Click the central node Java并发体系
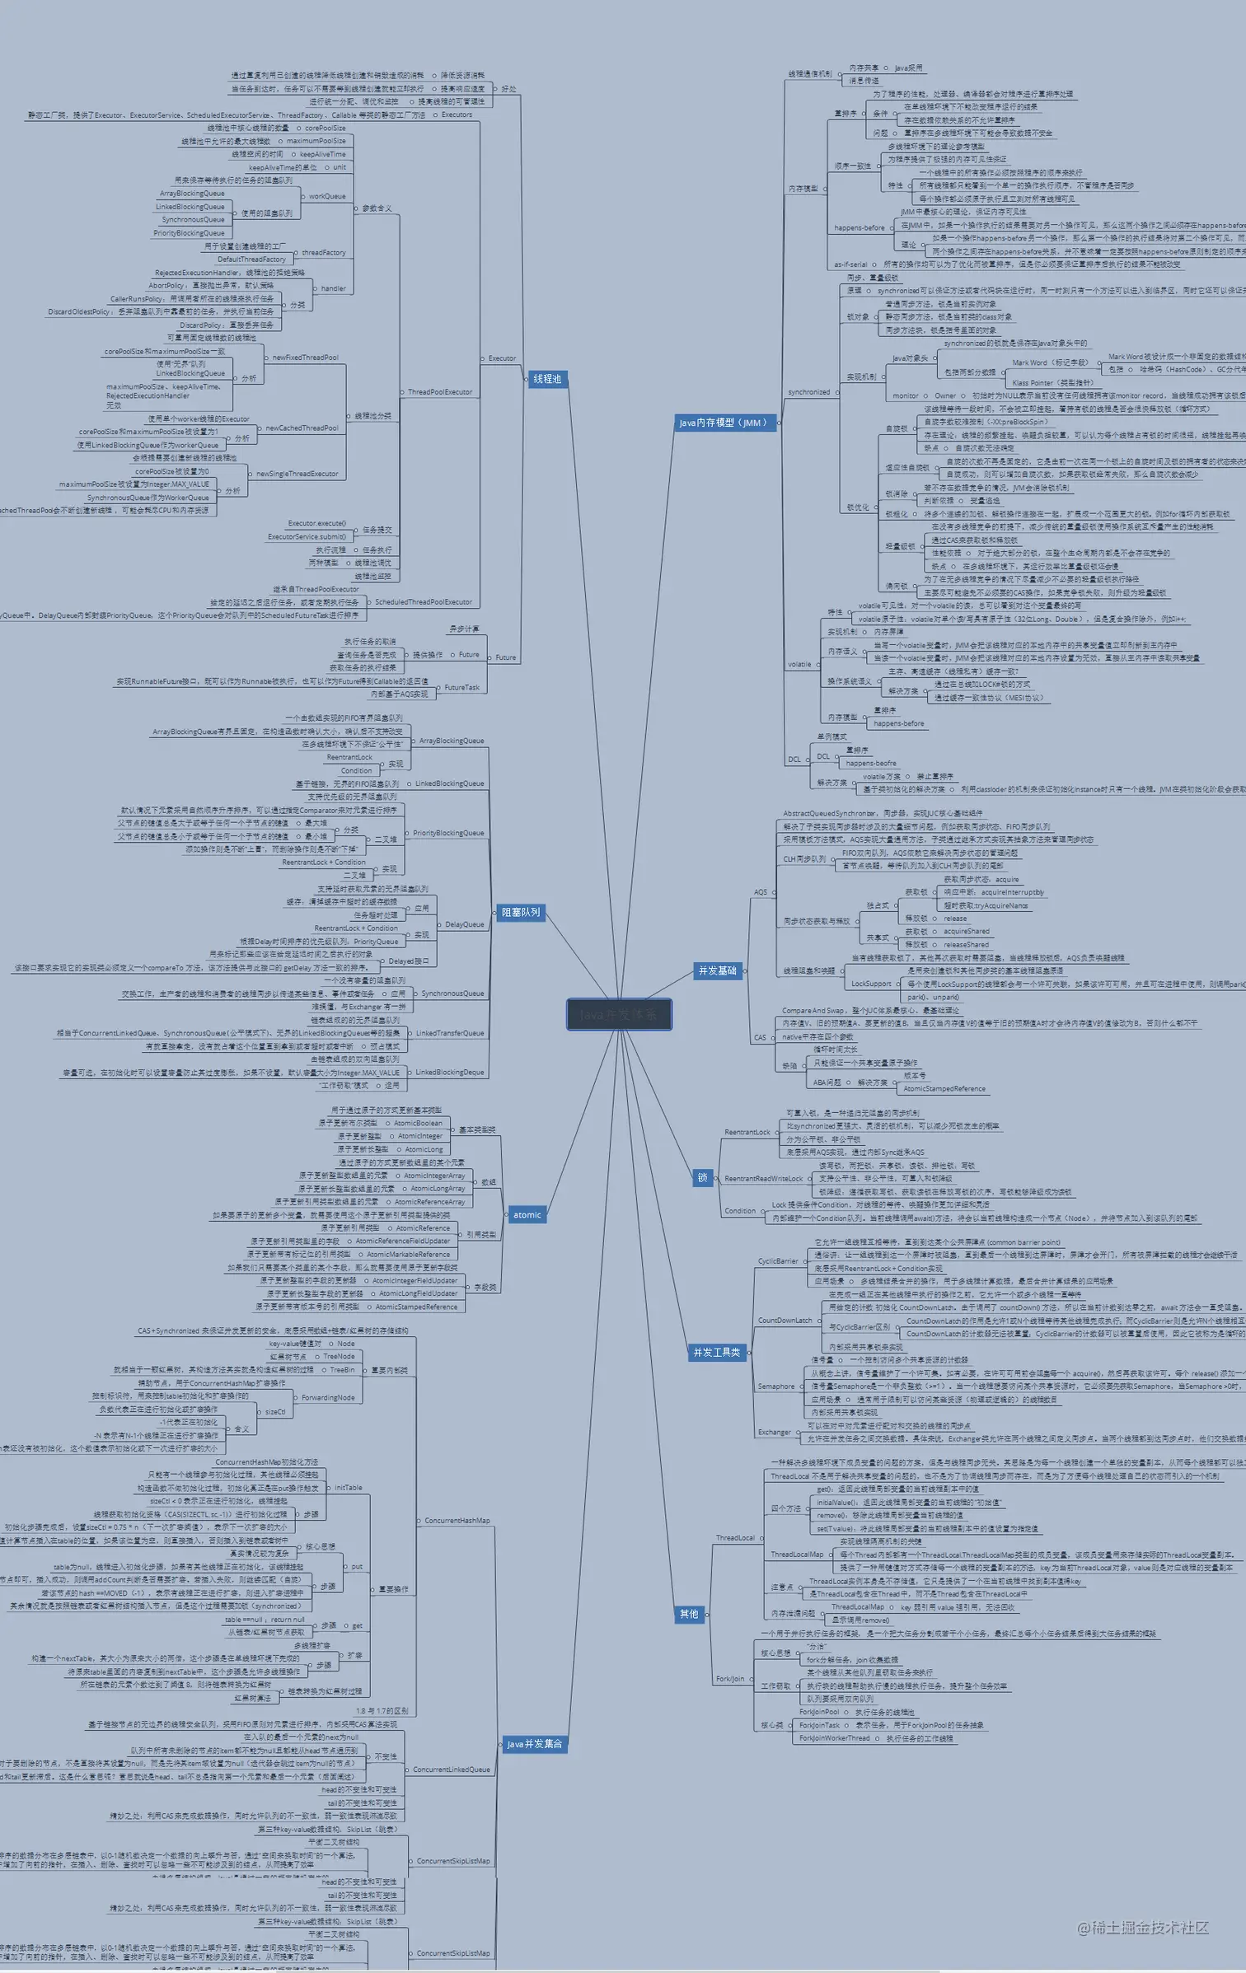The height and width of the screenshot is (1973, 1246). pyautogui.click(x=619, y=1014)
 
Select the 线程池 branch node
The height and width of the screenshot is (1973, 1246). pyautogui.click(x=547, y=379)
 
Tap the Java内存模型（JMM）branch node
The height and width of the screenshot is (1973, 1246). pyautogui.click(x=724, y=423)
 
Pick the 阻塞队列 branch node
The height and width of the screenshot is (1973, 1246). pyautogui.click(x=521, y=912)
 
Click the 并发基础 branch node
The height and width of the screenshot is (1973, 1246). pyautogui.click(x=718, y=970)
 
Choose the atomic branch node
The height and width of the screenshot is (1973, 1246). pyautogui.click(x=527, y=1214)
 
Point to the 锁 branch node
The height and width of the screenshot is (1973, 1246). pyautogui.click(x=702, y=1177)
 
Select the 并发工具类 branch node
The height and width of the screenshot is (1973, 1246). pyautogui.click(x=716, y=1352)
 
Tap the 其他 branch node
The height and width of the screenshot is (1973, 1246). pyautogui.click(x=689, y=1614)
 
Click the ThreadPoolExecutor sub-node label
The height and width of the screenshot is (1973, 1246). pyautogui.click(x=440, y=392)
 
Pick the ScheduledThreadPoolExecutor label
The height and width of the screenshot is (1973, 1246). pyautogui.click(x=424, y=602)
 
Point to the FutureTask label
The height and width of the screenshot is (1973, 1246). pyautogui.click(x=461, y=687)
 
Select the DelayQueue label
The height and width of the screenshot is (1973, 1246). pyautogui.click(x=465, y=924)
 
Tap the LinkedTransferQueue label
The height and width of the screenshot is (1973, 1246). pyautogui.click(x=450, y=1033)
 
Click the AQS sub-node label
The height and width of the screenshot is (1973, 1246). pyautogui.click(x=760, y=892)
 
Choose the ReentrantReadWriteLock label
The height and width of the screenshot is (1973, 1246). pyautogui.click(x=763, y=1178)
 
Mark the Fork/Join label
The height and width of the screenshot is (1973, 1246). pyautogui.click(x=730, y=1678)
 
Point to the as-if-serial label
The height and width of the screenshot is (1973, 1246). pyautogui.click(x=850, y=264)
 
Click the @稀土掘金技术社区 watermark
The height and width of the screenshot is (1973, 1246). pyautogui.click(x=1142, y=1927)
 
